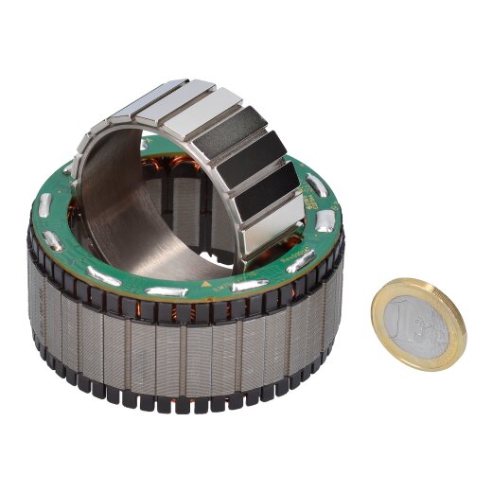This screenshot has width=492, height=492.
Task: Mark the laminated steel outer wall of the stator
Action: point(189,350)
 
